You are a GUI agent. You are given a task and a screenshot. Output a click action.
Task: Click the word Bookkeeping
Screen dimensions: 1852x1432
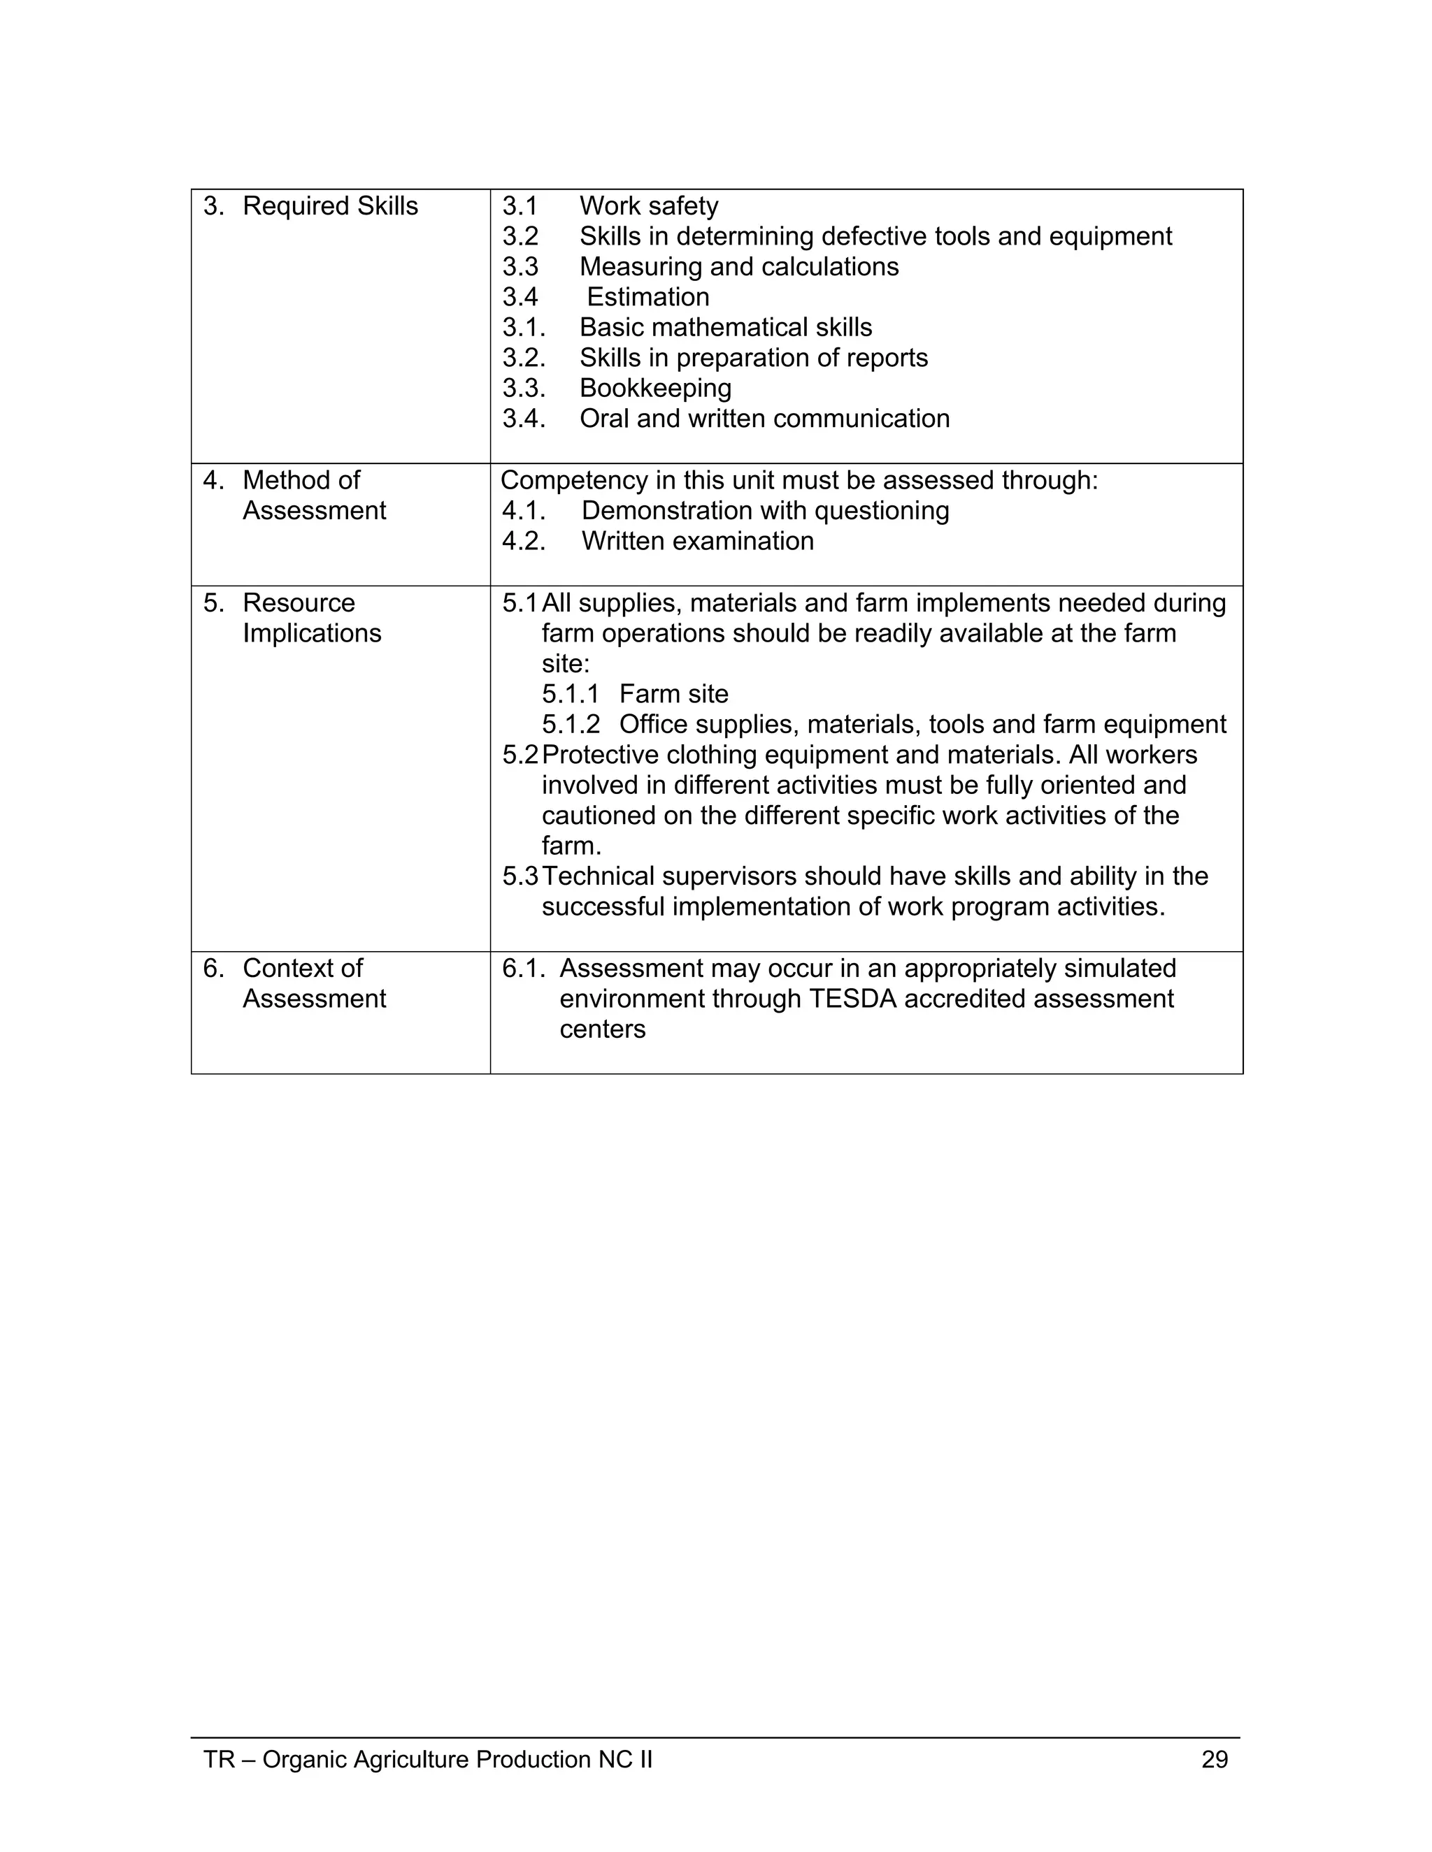[x=655, y=389]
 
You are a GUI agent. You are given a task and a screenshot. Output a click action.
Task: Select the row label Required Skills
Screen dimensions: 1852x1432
[x=330, y=206]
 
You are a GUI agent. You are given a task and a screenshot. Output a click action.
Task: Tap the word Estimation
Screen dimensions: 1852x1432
[x=648, y=297]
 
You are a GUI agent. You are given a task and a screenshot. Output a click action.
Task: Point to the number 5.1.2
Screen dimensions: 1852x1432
[x=570, y=724]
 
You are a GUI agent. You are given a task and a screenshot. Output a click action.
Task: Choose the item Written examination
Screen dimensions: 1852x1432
[x=697, y=541]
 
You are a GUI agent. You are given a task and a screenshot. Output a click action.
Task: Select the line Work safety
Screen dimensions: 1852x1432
[x=649, y=206]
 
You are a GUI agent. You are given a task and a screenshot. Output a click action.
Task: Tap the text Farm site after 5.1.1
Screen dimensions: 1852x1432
[x=673, y=695]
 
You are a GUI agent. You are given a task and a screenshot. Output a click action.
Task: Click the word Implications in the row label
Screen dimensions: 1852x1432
[x=312, y=633]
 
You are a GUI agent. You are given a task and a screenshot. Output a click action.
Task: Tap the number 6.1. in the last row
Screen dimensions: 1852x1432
[x=524, y=969]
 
